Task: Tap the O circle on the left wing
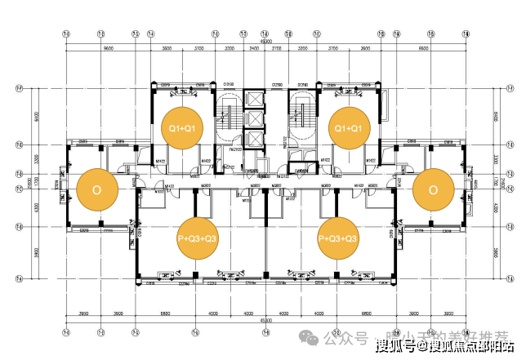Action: pyautogui.click(x=97, y=189)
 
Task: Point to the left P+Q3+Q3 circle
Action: pyautogui.click(x=198, y=238)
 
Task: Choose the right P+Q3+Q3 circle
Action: pyautogui.click(x=338, y=238)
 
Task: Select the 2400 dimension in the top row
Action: pyautogui.click(x=253, y=49)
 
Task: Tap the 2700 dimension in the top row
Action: pyautogui.click(x=276, y=49)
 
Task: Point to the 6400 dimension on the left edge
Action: pyautogui.click(x=37, y=117)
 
